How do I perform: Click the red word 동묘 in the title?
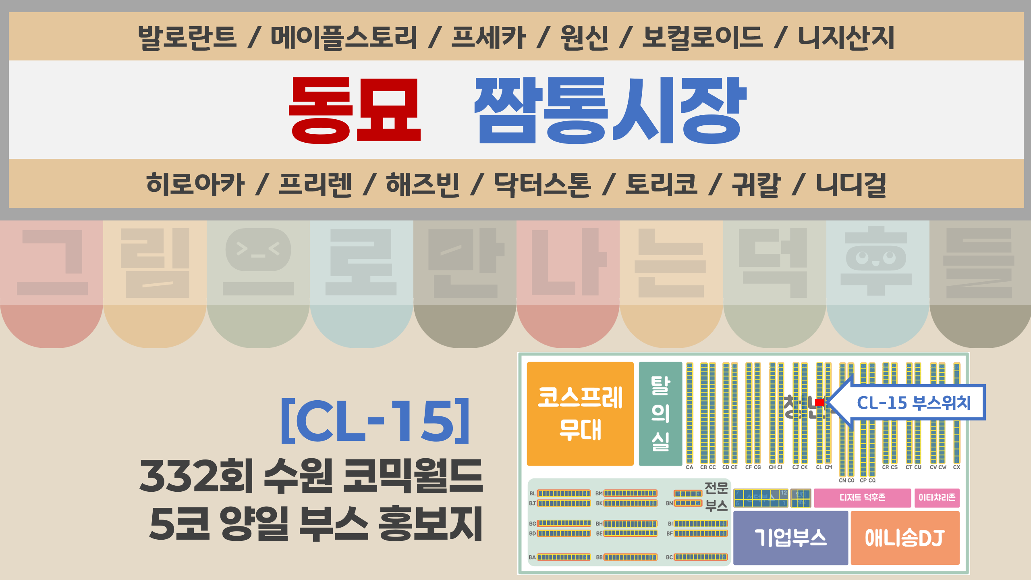point(355,110)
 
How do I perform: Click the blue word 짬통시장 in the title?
point(610,110)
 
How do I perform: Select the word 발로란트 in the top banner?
point(187,37)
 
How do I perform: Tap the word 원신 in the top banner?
point(584,37)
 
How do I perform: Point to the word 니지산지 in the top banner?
point(846,37)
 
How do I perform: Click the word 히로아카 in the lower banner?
point(195,184)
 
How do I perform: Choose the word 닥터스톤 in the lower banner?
point(542,184)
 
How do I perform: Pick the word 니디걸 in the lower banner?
point(851,184)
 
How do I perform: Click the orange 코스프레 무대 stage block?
point(580,414)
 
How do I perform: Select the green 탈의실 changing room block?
point(660,414)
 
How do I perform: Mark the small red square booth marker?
point(819,402)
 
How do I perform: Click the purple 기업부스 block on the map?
point(790,538)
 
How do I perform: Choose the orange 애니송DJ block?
point(905,538)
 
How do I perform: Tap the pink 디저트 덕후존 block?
point(862,497)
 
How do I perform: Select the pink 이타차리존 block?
point(937,497)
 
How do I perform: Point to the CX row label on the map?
point(956,467)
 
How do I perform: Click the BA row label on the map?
point(532,557)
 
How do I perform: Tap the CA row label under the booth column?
point(689,467)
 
